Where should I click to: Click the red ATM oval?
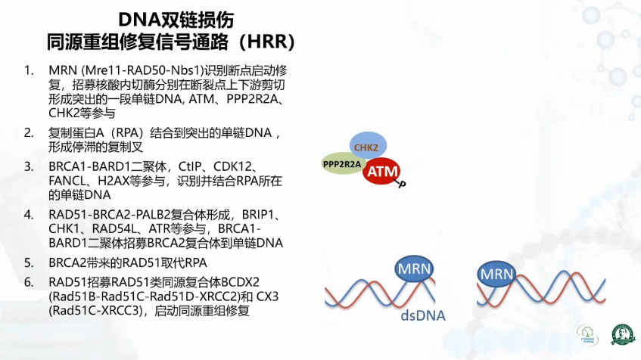click(x=381, y=171)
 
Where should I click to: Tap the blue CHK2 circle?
click(x=368, y=144)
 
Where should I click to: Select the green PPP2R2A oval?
click(x=343, y=164)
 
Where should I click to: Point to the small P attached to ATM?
click(x=402, y=185)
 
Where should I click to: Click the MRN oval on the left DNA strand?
click(x=414, y=268)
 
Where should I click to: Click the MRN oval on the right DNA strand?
click(x=496, y=273)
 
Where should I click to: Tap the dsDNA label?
click(x=423, y=315)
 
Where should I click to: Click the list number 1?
click(x=29, y=70)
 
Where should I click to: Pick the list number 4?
click(x=29, y=215)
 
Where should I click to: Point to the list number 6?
click(x=29, y=282)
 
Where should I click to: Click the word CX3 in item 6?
click(x=267, y=296)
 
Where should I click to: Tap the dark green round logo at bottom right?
click(x=623, y=334)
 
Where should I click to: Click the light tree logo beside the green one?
click(x=587, y=335)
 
